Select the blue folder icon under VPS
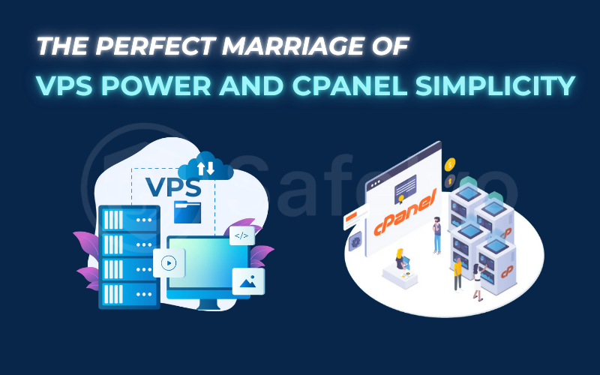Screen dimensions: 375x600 click(187, 211)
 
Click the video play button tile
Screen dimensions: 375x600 click(169, 263)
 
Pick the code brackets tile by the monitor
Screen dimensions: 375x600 click(241, 235)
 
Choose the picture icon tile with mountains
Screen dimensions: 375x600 click(248, 280)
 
